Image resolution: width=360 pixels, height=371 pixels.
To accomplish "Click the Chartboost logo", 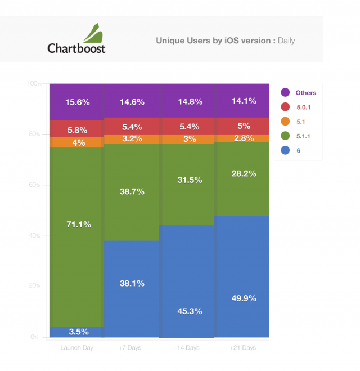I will (76, 39).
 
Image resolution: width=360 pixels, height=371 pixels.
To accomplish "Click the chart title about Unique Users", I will (225, 41).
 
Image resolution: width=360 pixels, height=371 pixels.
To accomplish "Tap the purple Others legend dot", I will (285, 92).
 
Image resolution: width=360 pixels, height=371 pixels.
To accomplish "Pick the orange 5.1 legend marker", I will (285, 121).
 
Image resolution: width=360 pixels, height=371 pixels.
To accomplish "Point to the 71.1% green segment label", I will (78, 225).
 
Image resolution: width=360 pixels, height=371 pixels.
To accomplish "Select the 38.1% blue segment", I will (132, 284).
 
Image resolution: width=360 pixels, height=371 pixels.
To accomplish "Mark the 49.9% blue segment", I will (243, 298).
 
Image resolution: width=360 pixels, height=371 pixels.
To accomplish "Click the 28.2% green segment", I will (243, 174).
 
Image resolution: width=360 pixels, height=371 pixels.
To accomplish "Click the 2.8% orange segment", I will (243, 138).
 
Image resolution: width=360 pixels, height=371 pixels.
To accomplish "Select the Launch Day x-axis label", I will (76, 348).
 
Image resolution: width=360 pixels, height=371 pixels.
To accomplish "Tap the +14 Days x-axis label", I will (188, 348).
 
